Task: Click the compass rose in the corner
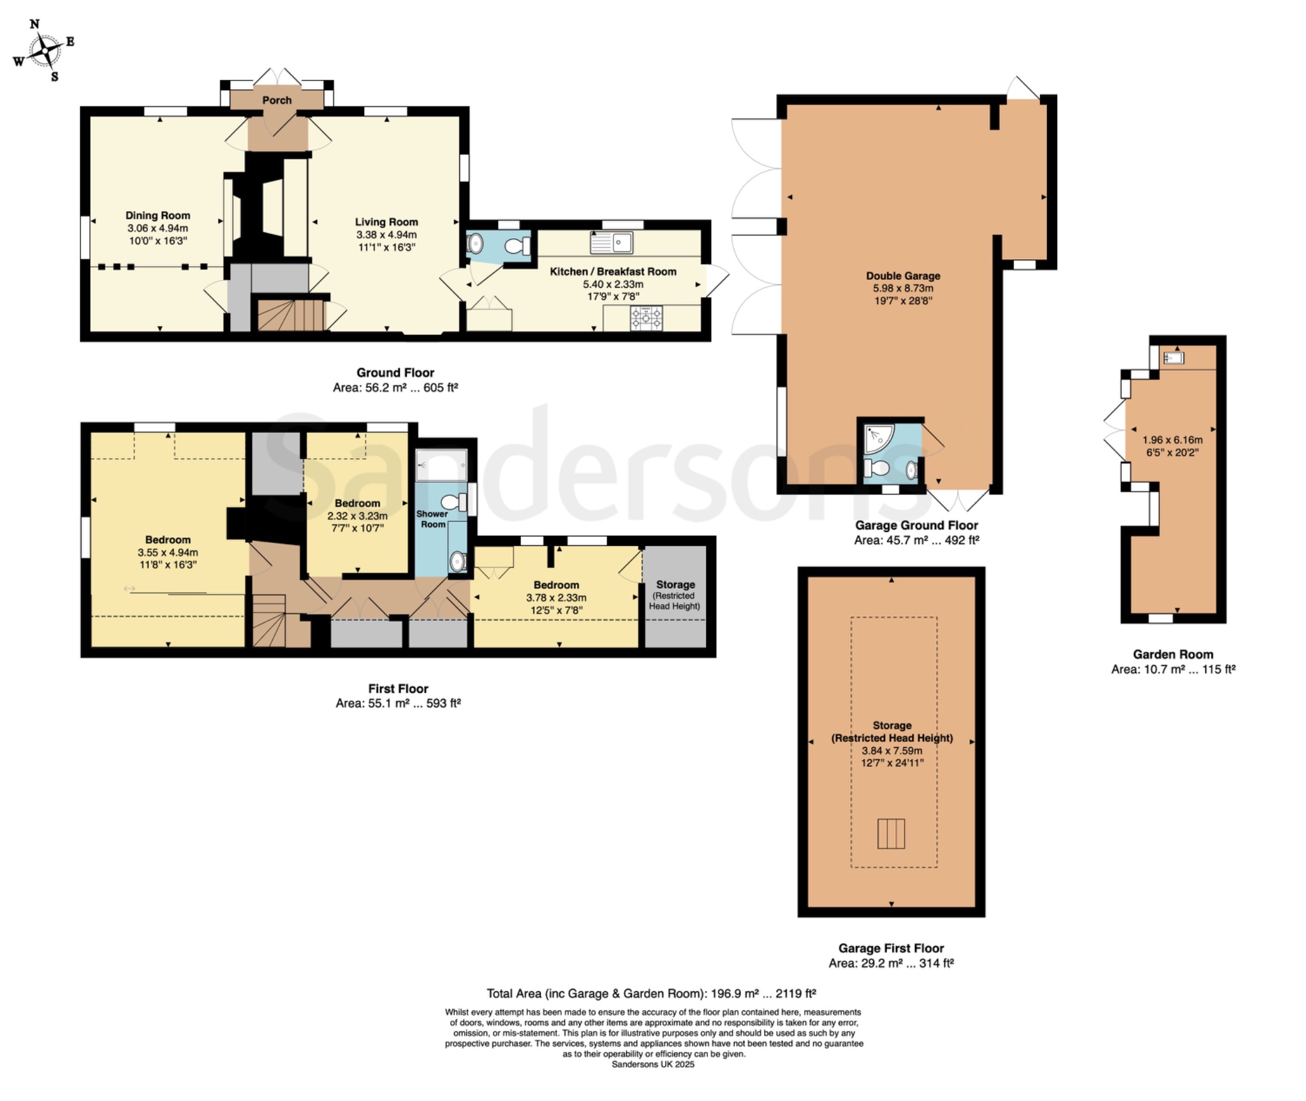coord(44,50)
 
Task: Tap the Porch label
coord(277,100)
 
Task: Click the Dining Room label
coord(158,216)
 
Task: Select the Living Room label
coord(386,222)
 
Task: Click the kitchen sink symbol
coord(612,242)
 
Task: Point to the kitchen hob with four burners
coord(647,318)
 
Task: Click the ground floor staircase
coord(291,316)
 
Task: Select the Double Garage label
coord(903,276)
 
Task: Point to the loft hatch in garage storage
coord(891,833)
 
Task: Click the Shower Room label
coord(432,519)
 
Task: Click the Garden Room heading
coord(1173,654)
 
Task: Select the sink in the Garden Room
coord(1173,358)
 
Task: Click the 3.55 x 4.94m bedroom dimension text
coord(168,552)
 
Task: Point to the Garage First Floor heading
coord(891,948)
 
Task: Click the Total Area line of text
coord(651,993)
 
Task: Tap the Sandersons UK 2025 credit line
coord(653,1064)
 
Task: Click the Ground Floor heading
coord(395,373)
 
